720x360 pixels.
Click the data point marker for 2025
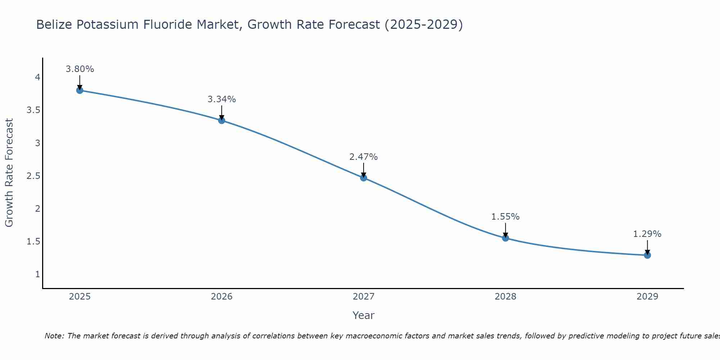(x=80, y=90)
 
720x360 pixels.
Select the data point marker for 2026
(x=222, y=121)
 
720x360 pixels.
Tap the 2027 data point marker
(x=364, y=178)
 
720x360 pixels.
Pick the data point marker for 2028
(x=505, y=238)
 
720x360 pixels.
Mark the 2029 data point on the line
(x=647, y=255)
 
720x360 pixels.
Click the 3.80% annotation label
(x=80, y=69)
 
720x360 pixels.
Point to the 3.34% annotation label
(x=222, y=99)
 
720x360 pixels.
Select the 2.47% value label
(x=364, y=157)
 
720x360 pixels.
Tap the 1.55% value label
(x=505, y=217)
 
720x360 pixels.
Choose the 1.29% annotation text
(x=647, y=234)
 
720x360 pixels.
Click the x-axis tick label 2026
(x=222, y=297)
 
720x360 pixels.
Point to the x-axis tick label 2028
(x=505, y=297)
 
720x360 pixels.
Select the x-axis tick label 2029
(x=647, y=297)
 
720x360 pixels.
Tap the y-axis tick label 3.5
(x=33, y=110)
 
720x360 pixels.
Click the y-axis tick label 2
(x=37, y=208)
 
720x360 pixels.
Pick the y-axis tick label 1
(x=37, y=274)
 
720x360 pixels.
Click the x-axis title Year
(x=364, y=315)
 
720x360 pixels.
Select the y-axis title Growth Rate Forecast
(x=9, y=173)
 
